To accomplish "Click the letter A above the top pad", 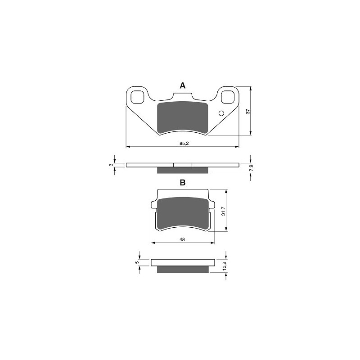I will click(182, 85).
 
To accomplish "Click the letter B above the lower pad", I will click(182, 182).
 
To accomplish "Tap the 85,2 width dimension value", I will click(183, 144).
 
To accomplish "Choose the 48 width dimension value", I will click(182, 240).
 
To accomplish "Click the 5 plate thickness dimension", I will click(136, 262).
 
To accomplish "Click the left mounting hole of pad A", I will click(136, 96).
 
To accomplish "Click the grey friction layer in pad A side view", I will click(182, 170).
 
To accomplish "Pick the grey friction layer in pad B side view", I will click(182, 270).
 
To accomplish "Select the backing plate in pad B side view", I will click(182, 263).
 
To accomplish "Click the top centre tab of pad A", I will click(182, 97).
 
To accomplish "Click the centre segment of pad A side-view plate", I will click(182, 165).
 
